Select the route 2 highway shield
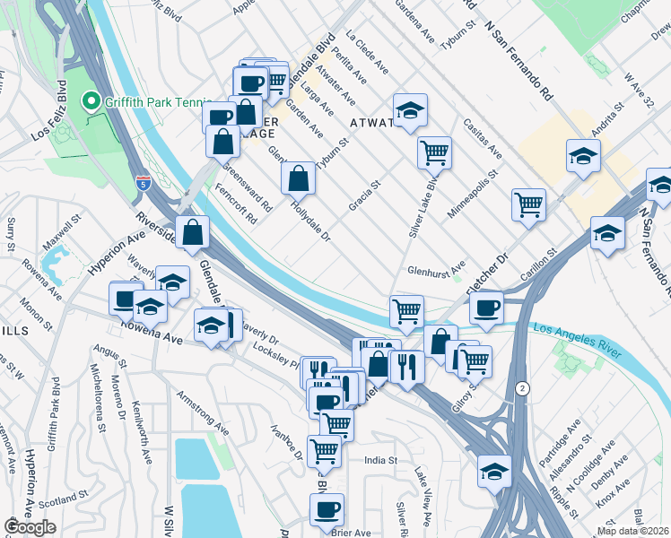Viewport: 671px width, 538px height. coord(521,387)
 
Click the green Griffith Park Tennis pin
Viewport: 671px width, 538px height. coord(90,101)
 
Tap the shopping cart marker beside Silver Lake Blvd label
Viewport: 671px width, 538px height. coord(434,152)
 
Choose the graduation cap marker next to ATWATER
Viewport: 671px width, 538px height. coord(410,111)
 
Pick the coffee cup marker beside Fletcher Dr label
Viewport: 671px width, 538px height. coord(486,308)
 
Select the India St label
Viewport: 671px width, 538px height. coord(380,460)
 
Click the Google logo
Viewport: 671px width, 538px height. coord(30,527)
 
